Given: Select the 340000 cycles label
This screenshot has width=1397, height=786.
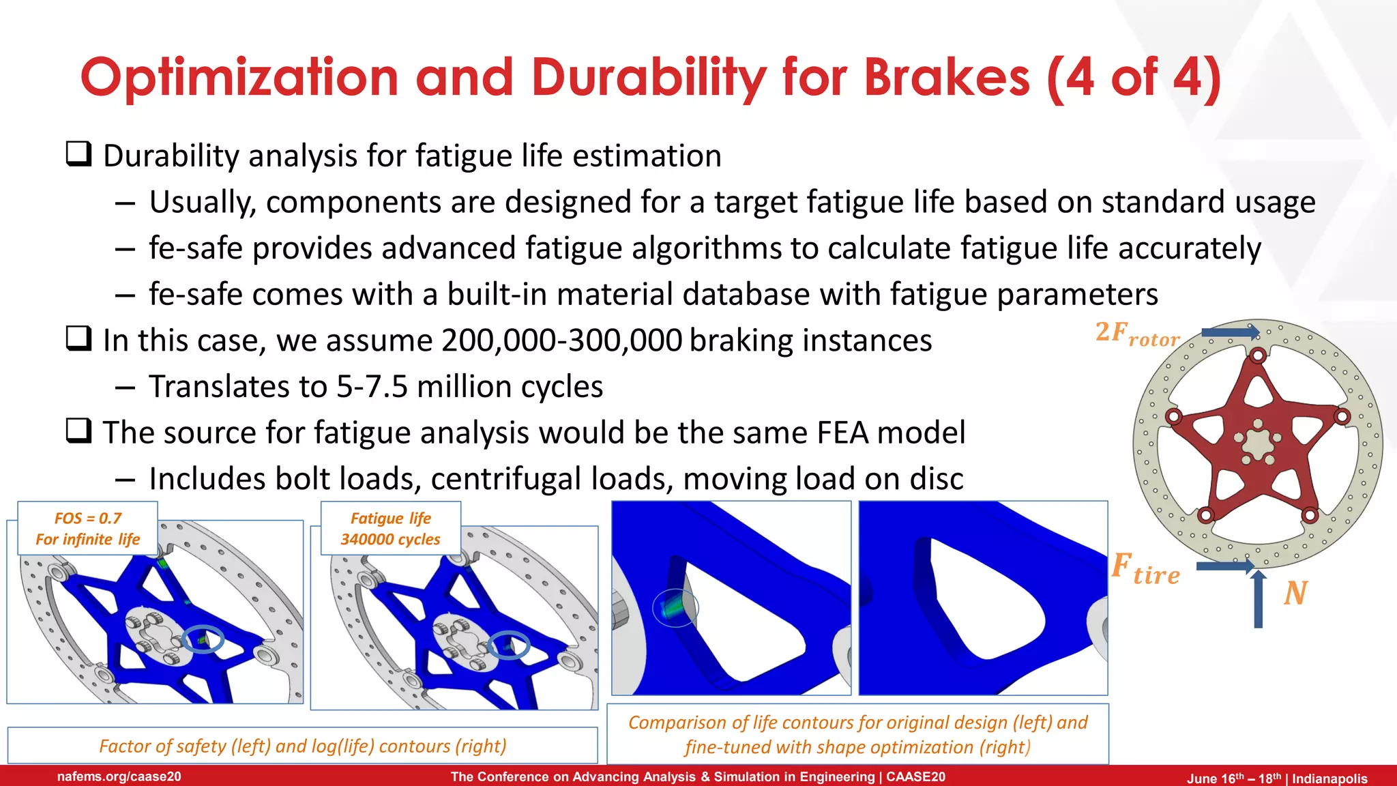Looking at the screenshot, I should (390, 539).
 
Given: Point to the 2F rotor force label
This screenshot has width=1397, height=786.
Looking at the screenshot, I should (1137, 334).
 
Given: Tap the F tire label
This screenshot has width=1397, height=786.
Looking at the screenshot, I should (1146, 569).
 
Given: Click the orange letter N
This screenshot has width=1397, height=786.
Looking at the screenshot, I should (1295, 593).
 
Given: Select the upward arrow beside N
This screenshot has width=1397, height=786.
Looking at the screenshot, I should (1259, 599).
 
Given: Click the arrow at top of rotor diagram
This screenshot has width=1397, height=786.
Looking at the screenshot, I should (1230, 332).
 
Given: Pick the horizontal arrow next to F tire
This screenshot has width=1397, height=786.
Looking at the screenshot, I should (1225, 566).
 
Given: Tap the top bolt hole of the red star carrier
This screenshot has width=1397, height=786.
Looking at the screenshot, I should (1258, 355).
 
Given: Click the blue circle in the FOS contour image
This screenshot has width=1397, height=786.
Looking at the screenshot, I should (203, 639).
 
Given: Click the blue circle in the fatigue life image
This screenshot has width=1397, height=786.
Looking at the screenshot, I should (509, 645).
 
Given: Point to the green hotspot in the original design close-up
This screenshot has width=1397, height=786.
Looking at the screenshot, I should (674, 608).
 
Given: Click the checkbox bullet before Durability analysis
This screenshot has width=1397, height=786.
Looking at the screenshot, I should (78, 154).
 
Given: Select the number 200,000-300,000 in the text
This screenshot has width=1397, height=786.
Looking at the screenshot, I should (561, 340).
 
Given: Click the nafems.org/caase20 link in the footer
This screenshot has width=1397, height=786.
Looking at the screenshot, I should (119, 776).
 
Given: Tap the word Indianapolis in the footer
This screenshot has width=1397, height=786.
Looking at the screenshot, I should (1329, 778).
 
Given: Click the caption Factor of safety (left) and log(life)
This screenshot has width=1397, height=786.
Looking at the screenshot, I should (302, 746).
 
